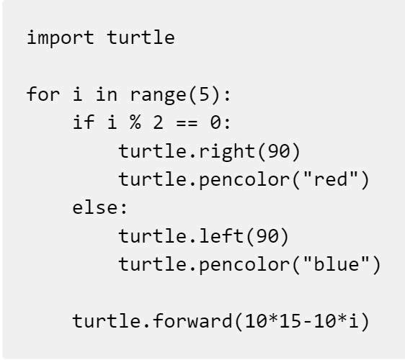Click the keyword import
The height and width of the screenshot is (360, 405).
pos(61,38)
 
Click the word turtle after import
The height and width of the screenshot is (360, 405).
pos(141,37)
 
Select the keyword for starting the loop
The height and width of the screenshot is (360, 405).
pos(43,94)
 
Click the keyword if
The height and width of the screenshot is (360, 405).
pos(84,122)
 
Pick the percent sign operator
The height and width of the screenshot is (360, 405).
pos(135,122)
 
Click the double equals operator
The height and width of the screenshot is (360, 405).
pos(187,123)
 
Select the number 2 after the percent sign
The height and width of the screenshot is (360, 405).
pos(158,122)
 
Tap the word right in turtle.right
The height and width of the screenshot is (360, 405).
pos(227,152)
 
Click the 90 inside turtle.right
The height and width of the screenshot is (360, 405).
pos(278,151)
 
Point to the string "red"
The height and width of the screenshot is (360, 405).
pos(331,179)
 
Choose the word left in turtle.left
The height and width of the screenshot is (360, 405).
pos(221,235)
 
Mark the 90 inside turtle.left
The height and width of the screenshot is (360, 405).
pos(267,236)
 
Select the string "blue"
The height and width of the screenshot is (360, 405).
pos(337,264)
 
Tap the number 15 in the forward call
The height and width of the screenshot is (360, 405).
pos(290,321)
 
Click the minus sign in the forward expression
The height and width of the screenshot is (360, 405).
pos(308,322)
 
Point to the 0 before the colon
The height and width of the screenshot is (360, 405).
pos(215,122)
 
